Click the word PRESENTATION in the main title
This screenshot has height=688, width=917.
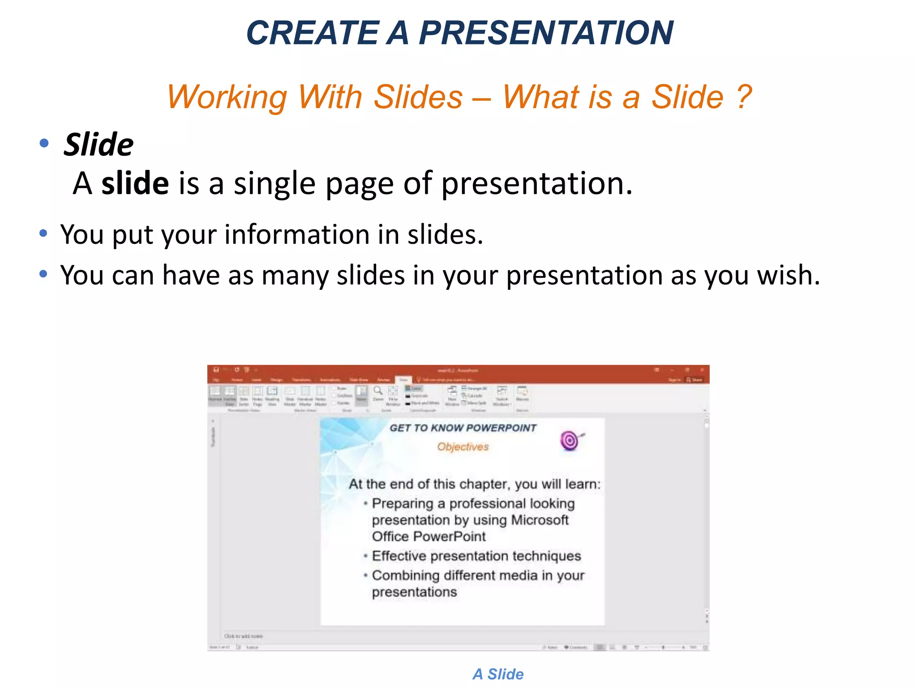tap(546, 33)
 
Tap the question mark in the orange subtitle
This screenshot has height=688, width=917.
tap(744, 97)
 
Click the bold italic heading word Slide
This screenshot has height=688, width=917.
tap(99, 145)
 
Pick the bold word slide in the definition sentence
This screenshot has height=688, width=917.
tap(135, 184)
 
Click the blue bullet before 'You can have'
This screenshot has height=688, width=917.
tap(43, 274)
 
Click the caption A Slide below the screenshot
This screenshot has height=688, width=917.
tap(498, 674)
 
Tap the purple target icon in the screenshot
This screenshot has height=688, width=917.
tap(570, 441)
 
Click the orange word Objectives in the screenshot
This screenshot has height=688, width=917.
tap(463, 447)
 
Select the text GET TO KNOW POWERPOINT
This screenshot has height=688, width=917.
tap(463, 428)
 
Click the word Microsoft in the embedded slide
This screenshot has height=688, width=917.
tap(540, 520)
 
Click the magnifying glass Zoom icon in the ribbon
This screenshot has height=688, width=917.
tap(378, 391)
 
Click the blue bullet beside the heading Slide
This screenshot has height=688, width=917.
tap(44, 143)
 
